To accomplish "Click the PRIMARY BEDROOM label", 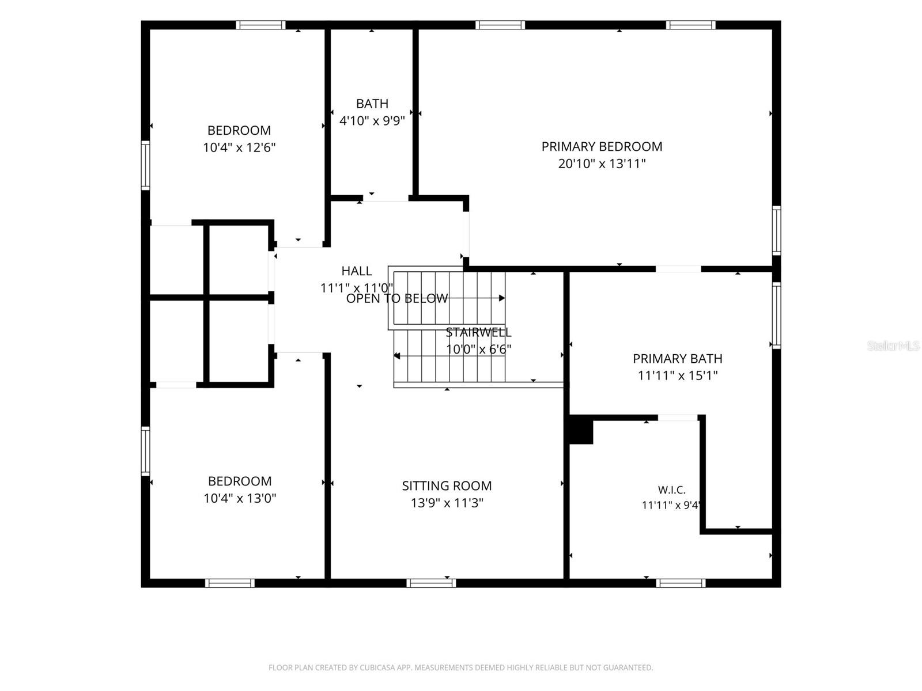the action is pyautogui.click(x=602, y=146).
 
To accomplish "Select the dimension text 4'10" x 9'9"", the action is pyautogui.click(x=372, y=121).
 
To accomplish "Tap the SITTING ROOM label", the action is pyautogui.click(x=447, y=485).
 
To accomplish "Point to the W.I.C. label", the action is pyautogui.click(x=672, y=489).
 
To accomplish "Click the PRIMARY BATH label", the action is pyautogui.click(x=678, y=359).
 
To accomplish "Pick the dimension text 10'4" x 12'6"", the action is pyautogui.click(x=239, y=147).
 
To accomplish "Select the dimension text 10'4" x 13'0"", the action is pyautogui.click(x=240, y=498).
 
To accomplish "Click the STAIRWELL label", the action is pyautogui.click(x=478, y=332).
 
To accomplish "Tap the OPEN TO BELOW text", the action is pyautogui.click(x=397, y=298).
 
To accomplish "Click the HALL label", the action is pyautogui.click(x=357, y=271).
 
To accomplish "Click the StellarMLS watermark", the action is pyautogui.click(x=893, y=345).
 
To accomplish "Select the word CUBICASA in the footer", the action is pyautogui.click(x=375, y=667).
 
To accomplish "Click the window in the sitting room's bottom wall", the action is pyautogui.click(x=431, y=583).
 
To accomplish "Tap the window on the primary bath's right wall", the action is pyautogui.click(x=777, y=315).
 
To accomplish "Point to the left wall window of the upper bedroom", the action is pyautogui.click(x=145, y=166).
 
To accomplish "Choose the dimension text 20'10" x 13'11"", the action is pyautogui.click(x=602, y=164).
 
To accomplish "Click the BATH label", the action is pyautogui.click(x=372, y=104).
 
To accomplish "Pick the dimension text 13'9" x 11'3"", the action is pyautogui.click(x=447, y=503).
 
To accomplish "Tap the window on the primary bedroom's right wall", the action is pyautogui.click(x=777, y=230).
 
